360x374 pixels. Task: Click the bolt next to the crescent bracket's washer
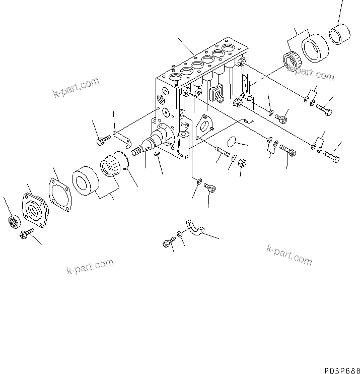[x=168, y=244]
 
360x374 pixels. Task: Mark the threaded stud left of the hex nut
[x=221, y=151]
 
